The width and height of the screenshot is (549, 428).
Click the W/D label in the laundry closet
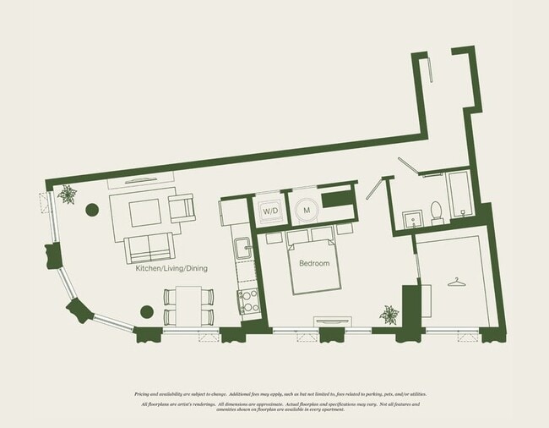click(269, 211)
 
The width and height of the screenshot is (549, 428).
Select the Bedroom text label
click(313, 263)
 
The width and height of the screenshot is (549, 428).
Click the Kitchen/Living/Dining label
click(171, 268)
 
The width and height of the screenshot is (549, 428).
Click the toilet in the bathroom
click(437, 209)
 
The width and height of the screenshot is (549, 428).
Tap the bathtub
click(459, 195)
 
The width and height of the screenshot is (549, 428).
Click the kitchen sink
click(243, 249)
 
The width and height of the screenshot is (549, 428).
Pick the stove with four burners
click(249, 301)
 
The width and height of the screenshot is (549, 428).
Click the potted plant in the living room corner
click(67, 195)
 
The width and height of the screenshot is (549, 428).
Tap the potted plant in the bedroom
click(389, 316)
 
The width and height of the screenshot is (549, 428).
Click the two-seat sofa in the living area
click(149, 248)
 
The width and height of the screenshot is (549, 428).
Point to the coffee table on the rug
click(145, 212)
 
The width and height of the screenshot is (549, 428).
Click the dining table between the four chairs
click(188, 306)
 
